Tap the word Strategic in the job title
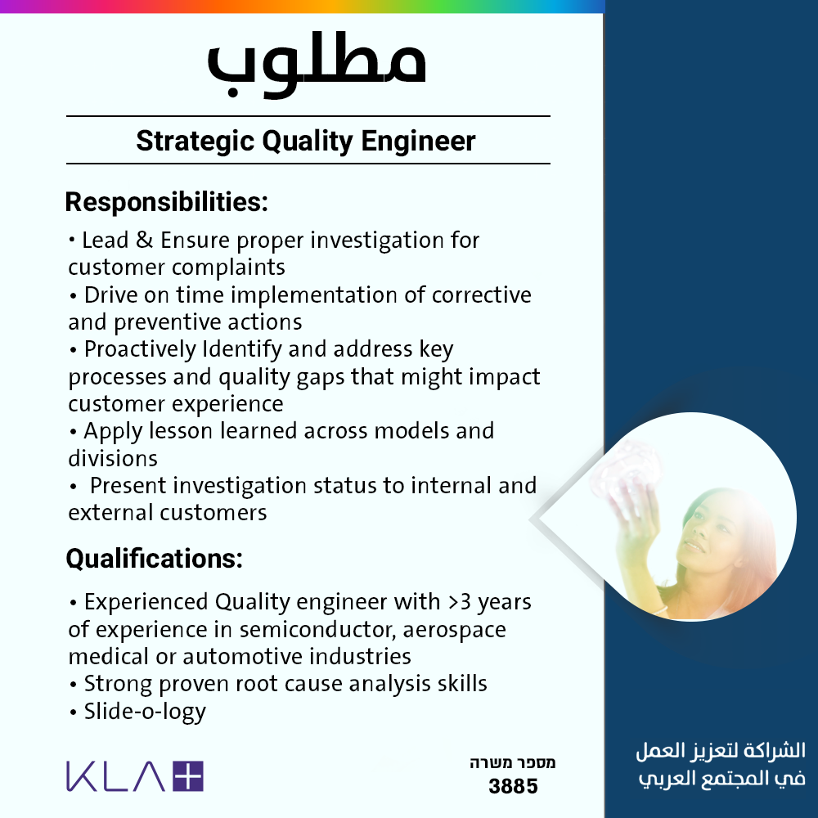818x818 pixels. coord(196,142)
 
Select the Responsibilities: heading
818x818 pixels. coord(166,202)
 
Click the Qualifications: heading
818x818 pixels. coord(155,559)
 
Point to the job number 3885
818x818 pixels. coord(513,786)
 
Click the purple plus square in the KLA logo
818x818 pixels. coord(188,776)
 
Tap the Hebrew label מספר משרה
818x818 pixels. coord(513,763)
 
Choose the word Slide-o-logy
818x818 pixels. coord(145,712)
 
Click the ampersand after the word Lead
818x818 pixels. coord(145,240)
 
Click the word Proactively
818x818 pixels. coord(140,349)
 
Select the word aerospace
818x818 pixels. coord(454,630)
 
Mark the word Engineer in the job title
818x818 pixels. coord(418,142)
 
